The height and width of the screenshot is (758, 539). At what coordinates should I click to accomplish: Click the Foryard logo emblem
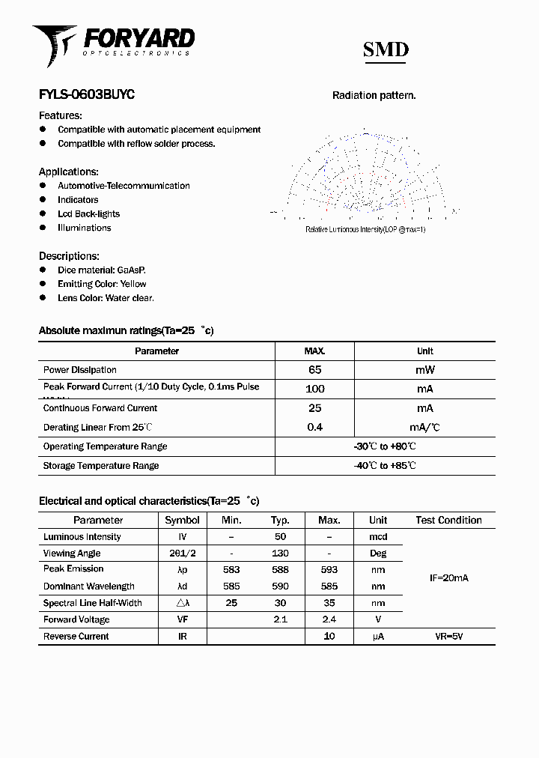pos(52,44)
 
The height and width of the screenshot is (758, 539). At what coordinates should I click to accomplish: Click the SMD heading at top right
pos(386,50)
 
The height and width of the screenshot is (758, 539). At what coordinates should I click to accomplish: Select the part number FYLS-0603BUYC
pos(86,95)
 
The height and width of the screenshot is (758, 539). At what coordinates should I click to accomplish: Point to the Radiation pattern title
pos(374,96)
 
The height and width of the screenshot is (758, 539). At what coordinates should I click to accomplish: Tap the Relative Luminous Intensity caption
pos(365,229)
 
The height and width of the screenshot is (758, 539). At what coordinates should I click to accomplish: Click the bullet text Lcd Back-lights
pos(88,213)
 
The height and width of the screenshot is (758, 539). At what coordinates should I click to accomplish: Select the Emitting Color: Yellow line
pos(102,284)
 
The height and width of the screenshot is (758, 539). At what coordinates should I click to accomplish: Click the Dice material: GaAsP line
pos(101,270)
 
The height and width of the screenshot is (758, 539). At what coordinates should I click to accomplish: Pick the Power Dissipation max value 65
pos(314,370)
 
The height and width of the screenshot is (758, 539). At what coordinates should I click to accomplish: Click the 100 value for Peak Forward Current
pos(314,389)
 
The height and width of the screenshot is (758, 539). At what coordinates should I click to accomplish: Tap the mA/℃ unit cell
pos(424,428)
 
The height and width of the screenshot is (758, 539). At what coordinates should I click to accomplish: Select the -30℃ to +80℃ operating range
pos(385,446)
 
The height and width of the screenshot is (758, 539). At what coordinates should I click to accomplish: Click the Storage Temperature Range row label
pos(101,466)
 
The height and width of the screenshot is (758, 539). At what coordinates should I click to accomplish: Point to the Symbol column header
pos(182,520)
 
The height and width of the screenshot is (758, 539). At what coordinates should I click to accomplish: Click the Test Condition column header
pos(448,520)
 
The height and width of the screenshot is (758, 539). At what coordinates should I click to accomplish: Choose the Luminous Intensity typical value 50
pos(280,537)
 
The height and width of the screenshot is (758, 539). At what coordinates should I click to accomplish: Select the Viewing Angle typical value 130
pos(280,554)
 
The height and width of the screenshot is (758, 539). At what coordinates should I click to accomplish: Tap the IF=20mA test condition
pos(448,578)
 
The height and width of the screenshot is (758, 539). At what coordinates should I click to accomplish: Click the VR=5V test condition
pos(448,637)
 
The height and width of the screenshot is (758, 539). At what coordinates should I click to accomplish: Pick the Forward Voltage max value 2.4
pos(329,619)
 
